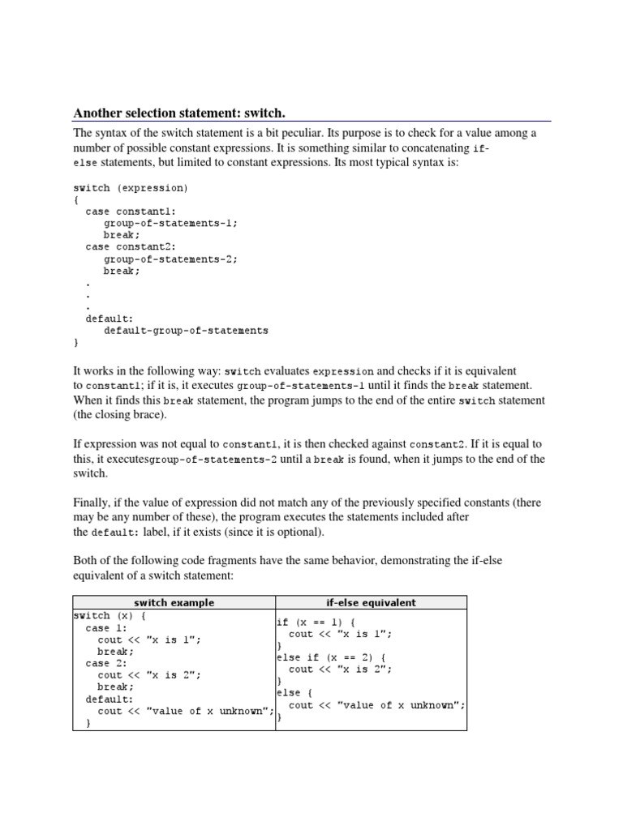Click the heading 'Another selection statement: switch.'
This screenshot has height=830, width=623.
tap(179, 113)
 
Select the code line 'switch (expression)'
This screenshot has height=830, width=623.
tap(130, 188)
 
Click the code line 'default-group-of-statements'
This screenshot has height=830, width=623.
tap(186, 331)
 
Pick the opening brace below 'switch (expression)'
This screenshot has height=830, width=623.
tap(76, 199)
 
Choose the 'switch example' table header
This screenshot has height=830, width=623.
tap(174, 602)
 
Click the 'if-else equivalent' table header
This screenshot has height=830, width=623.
tap(372, 602)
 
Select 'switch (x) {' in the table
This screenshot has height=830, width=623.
tap(109, 615)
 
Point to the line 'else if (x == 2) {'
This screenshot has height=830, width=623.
tap(331, 657)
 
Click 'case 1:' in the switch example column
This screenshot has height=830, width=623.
tap(106, 627)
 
